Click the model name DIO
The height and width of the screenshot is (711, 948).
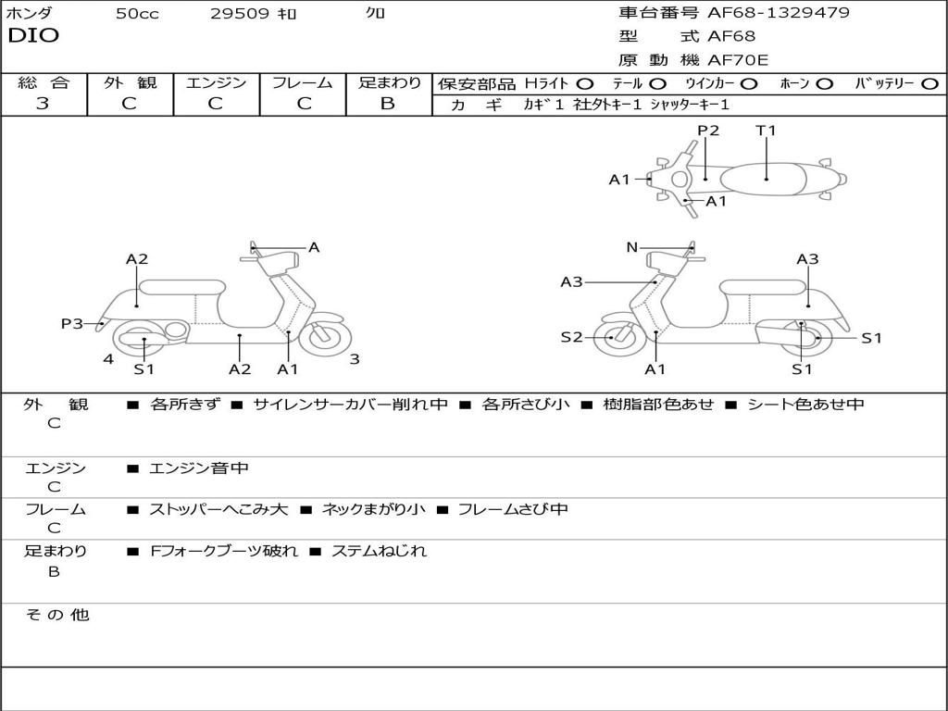click(x=33, y=36)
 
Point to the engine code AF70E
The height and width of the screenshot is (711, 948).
click(x=738, y=61)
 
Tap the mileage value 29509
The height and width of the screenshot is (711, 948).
click(x=240, y=14)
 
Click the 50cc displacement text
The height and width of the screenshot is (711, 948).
click(x=137, y=14)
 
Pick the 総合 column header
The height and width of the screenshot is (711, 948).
click(x=44, y=82)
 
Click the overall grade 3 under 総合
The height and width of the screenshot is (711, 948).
click(x=43, y=104)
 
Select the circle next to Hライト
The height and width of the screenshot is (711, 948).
click(x=585, y=84)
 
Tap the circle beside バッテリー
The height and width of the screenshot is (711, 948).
click(x=929, y=84)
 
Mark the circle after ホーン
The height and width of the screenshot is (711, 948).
click(x=825, y=84)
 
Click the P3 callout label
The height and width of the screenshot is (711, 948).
click(x=71, y=323)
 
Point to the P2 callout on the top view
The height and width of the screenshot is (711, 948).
click(x=708, y=131)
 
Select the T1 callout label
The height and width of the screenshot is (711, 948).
click(x=766, y=131)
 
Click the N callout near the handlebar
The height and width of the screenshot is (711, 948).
click(x=632, y=247)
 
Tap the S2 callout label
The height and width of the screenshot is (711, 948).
click(x=571, y=337)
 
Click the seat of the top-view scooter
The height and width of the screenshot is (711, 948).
click(x=767, y=178)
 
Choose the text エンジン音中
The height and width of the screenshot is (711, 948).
click(x=199, y=468)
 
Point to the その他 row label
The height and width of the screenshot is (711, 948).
click(x=56, y=615)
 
